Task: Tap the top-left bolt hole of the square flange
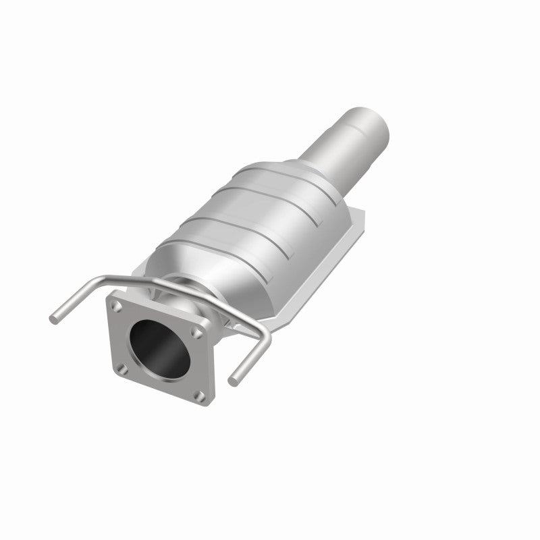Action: pyautogui.click(x=119, y=306)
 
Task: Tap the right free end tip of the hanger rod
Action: pyautogui.click(x=232, y=381)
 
